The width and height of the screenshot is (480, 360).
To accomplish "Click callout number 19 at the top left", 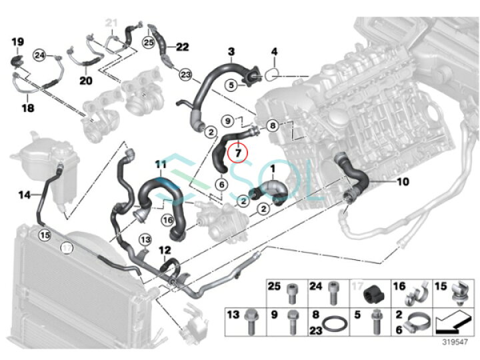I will pos(17,41).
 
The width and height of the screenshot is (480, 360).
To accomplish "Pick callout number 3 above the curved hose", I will pos(231,51).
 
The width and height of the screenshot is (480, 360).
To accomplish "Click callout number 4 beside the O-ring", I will pos(273,51).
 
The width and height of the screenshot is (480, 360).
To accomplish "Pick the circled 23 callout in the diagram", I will pos(185,74).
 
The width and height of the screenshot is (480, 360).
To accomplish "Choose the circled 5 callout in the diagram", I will pos(231,85).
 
